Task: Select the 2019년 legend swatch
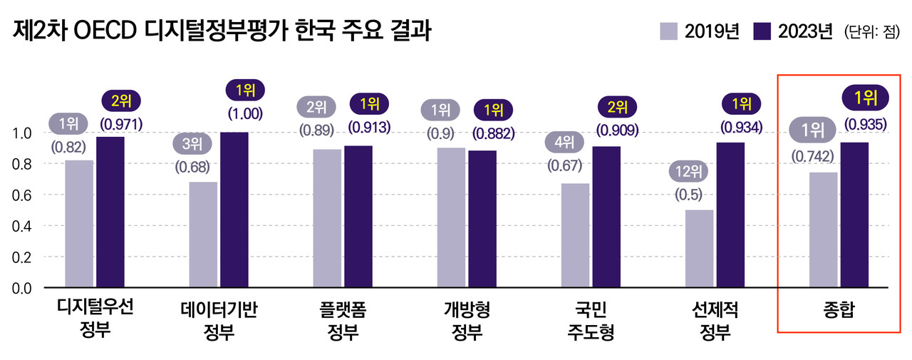(x=669, y=31)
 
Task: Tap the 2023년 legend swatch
(x=763, y=31)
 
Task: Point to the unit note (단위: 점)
(x=873, y=32)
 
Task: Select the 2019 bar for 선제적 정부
(x=700, y=249)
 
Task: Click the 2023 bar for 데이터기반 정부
(x=234, y=210)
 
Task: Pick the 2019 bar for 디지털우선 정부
(x=79, y=224)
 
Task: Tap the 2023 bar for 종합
(x=854, y=215)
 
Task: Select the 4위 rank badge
(x=564, y=141)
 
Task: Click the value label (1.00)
(x=245, y=112)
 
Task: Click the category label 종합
(x=838, y=310)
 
